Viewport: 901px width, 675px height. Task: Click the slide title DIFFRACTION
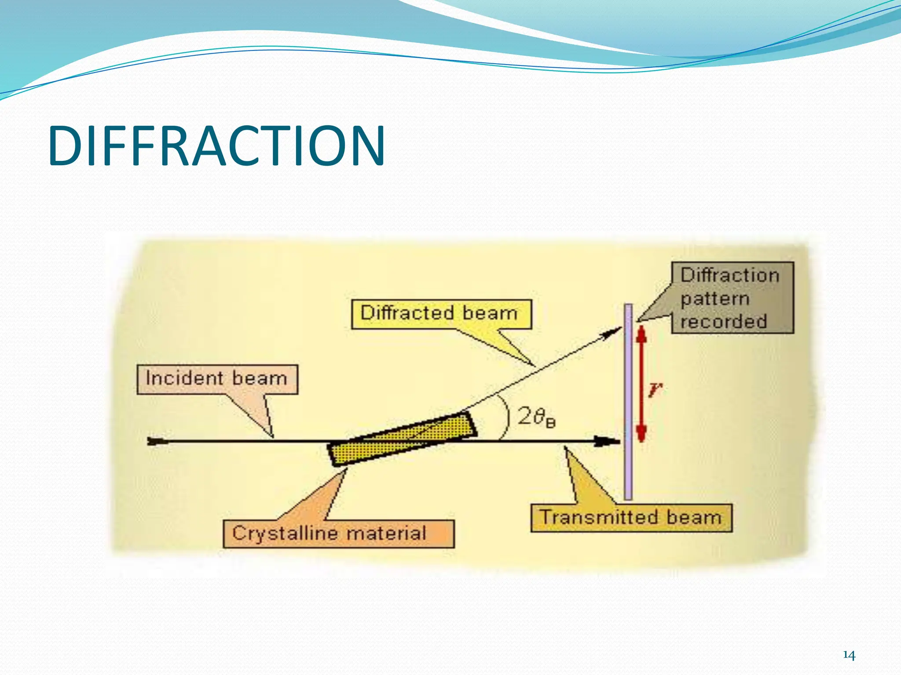click(216, 146)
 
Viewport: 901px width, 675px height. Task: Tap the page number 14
click(849, 655)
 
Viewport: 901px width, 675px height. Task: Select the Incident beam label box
click(217, 379)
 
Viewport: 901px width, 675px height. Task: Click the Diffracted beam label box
click(441, 314)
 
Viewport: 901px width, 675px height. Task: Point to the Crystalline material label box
click(338, 533)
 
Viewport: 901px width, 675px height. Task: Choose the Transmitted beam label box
click(631, 518)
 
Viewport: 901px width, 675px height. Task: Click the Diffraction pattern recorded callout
click(732, 298)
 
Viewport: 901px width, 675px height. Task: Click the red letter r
click(655, 389)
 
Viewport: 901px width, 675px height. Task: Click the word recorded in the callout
click(724, 321)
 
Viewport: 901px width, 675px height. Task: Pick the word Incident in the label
click(184, 378)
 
